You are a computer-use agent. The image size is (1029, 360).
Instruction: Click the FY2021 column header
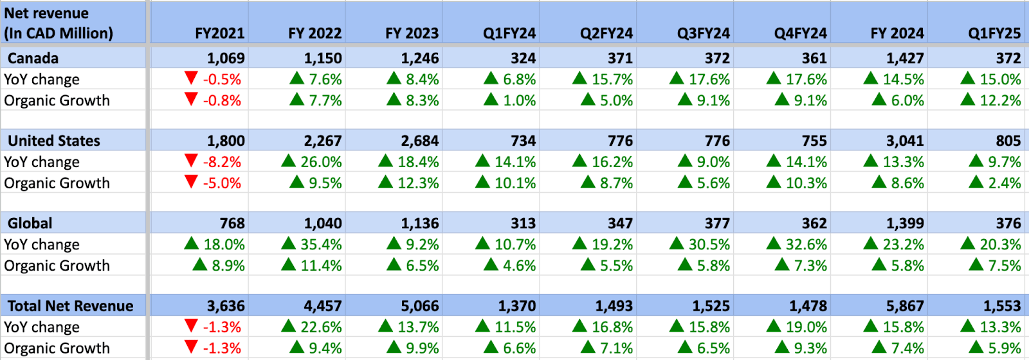click(x=219, y=33)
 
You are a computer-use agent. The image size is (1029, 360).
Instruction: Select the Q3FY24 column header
click(x=703, y=33)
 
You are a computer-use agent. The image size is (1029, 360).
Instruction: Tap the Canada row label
click(x=33, y=59)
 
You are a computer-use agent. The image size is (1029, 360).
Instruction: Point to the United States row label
click(x=54, y=141)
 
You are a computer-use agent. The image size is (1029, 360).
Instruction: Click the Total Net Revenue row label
click(x=71, y=306)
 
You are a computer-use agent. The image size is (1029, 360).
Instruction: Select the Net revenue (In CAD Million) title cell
click(x=59, y=23)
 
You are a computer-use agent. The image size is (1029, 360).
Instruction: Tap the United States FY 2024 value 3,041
click(x=904, y=141)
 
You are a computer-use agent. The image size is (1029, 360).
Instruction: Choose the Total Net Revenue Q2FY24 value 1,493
click(x=614, y=306)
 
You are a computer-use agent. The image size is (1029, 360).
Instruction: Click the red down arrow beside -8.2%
click(x=191, y=161)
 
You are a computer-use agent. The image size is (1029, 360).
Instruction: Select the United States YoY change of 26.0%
click(x=321, y=162)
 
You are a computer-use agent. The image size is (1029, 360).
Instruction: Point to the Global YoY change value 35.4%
click(x=321, y=245)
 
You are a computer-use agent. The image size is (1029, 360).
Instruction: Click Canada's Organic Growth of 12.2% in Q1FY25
click(x=1000, y=101)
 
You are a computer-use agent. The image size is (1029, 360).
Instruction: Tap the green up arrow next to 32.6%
click(x=774, y=244)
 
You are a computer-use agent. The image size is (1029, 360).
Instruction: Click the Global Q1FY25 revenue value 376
click(x=1008, y=224)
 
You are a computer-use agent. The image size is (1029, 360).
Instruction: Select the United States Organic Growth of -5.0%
click(x=222, y=183)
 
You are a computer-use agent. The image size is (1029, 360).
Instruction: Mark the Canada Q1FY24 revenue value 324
click(x=523, y=59)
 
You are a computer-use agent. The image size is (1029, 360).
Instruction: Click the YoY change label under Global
click(x=42, y=245)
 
